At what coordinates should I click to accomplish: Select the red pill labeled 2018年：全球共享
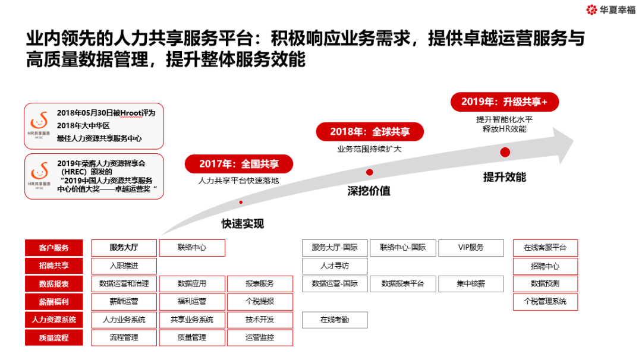click(x=370, y=131)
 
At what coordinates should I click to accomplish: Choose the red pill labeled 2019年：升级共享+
click(x=507, y=102)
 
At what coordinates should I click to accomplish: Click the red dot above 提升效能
click(x=505, y=152)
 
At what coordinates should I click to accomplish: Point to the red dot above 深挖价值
click(x=370, y=172)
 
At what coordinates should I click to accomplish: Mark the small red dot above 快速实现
click(x=241, y=202)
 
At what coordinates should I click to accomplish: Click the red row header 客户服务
click(x=54, y=248)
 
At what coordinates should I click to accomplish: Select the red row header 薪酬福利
click(x=54, y=302)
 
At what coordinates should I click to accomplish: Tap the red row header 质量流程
click(x=54, y=338)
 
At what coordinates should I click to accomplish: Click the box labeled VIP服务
click(x=471, y=248)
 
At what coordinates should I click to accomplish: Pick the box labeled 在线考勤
click(x=335, y=320)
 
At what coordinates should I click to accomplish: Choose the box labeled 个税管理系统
click(x=545, y=302)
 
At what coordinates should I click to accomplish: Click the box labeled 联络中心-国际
click(x=402, y=248)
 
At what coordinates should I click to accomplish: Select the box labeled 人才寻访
click(x=335, y=266)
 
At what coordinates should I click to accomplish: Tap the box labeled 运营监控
click(x=260, y=338)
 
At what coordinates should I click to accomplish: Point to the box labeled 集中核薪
click(x=471, y=284)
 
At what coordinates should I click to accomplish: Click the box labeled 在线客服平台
click(x=545, y=248)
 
